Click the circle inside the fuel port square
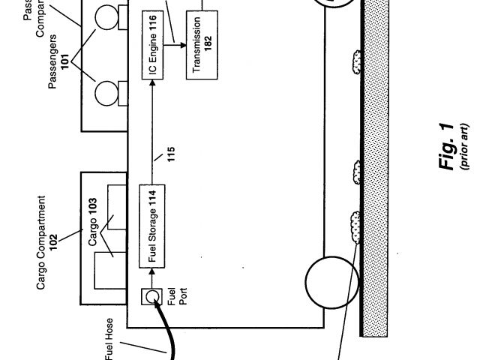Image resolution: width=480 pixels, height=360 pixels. pos(152,298)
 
